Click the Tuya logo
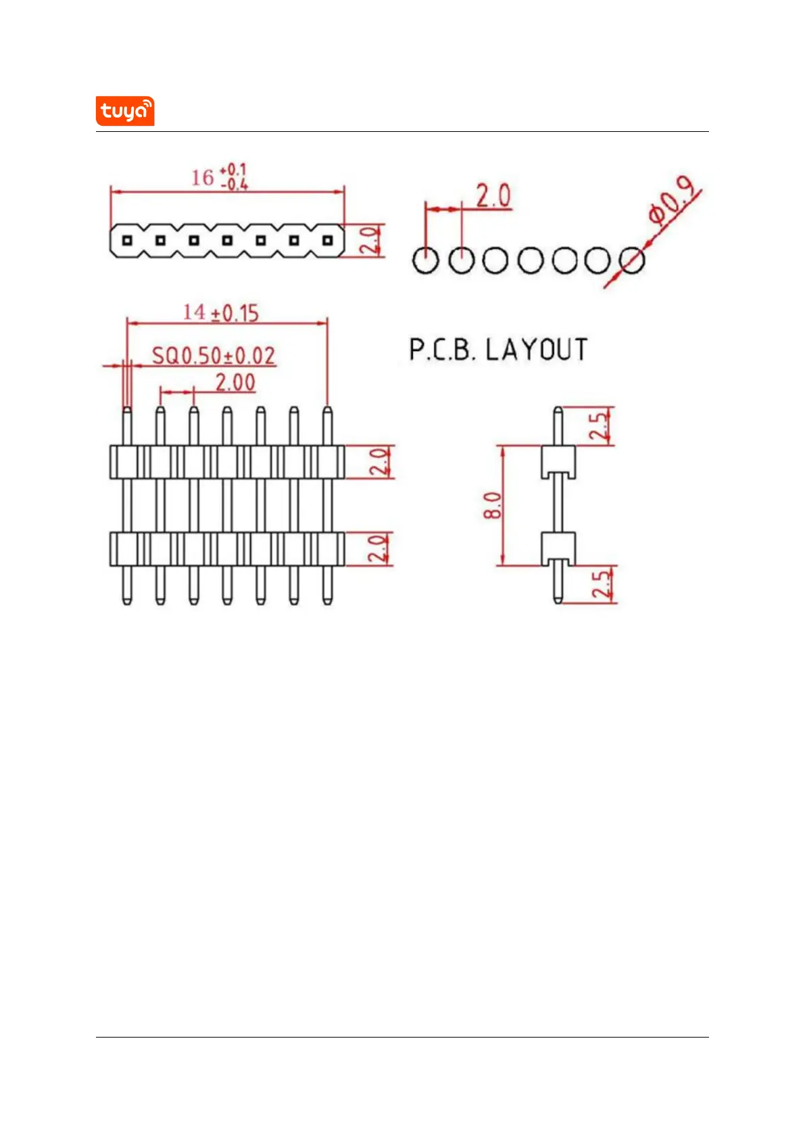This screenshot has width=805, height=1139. [x=125, y=111]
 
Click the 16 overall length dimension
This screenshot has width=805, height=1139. [x=202, y=178]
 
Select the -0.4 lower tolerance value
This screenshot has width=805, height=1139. [x=234, y=184]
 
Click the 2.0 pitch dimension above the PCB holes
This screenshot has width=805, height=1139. [x=493, y=196]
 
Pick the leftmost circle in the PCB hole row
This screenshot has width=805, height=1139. [x=426, y=260]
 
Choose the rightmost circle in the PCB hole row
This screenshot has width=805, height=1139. [x=631, y=260]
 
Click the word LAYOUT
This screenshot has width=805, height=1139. [x=536, y=350]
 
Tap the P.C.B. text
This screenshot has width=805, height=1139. [x=443, y=350]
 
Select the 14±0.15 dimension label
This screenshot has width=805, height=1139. [x=221, y=312]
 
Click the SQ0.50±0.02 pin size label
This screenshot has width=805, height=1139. [x=213, y=356]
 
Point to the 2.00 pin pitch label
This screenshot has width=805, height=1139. [x=235, y=383]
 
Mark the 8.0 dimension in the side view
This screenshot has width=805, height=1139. [x=493, y=505]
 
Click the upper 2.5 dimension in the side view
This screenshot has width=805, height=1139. [x=599, y=426]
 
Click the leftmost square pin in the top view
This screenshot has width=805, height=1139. [x=127, y=240]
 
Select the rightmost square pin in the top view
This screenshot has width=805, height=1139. [x=327, y=240]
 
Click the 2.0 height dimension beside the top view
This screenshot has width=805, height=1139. [x=369, y=240]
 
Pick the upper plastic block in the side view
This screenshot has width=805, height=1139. [x=558, y=461]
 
